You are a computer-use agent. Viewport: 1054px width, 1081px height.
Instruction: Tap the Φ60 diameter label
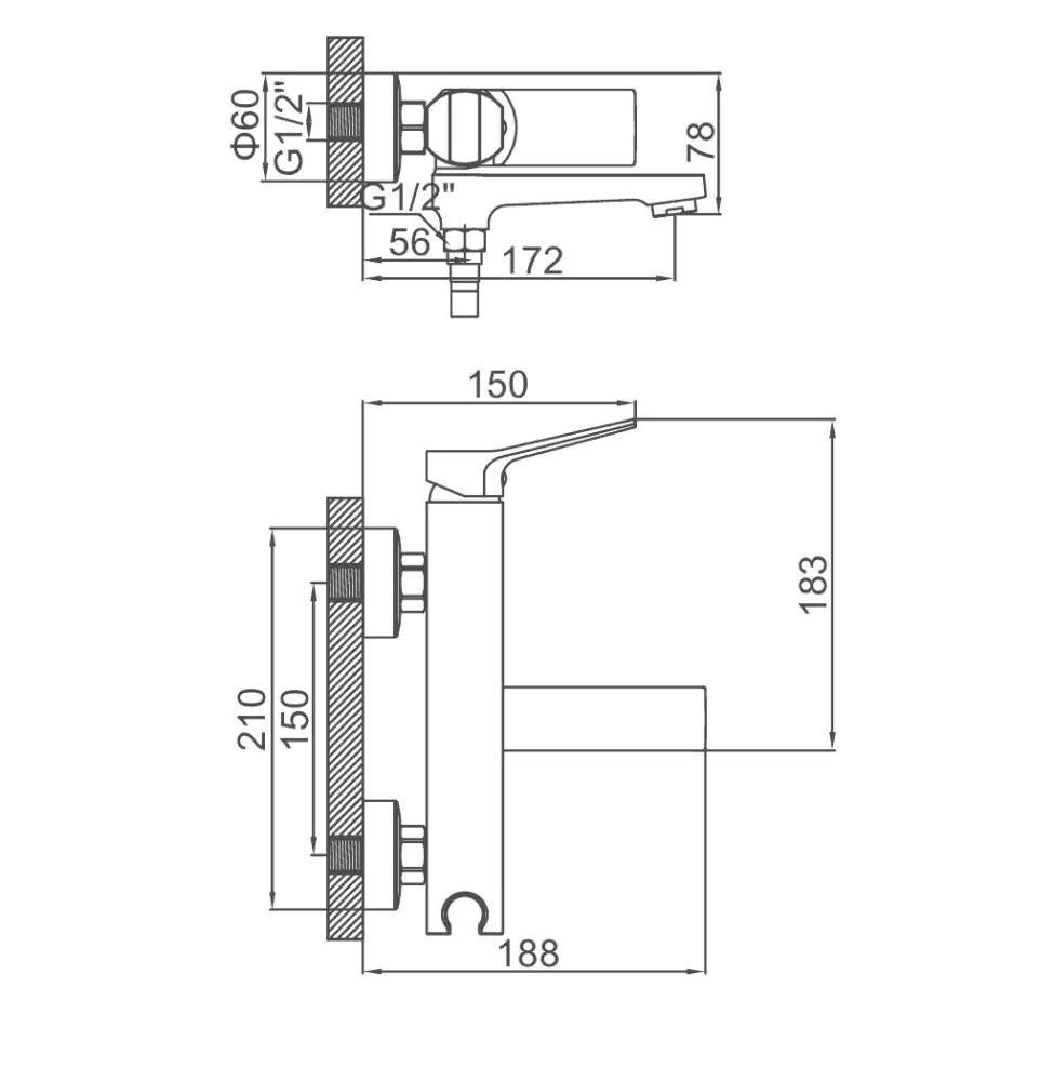pos(245,126)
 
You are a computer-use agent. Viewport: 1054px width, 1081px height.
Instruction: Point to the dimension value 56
pos(410,242)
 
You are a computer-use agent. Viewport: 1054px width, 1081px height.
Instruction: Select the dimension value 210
pos(252,719)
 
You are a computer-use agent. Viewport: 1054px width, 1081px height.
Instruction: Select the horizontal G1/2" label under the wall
pos(409,198)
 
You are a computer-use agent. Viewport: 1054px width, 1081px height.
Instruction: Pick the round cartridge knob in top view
pos(471,128)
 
